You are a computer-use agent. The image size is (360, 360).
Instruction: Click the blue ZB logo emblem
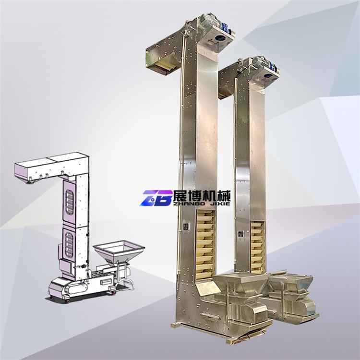point(156,198)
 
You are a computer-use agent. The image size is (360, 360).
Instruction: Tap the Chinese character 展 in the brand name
point(180,196)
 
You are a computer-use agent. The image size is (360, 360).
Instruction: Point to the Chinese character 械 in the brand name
point(223,196)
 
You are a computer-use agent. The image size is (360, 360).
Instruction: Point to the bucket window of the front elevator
point(205,245)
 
